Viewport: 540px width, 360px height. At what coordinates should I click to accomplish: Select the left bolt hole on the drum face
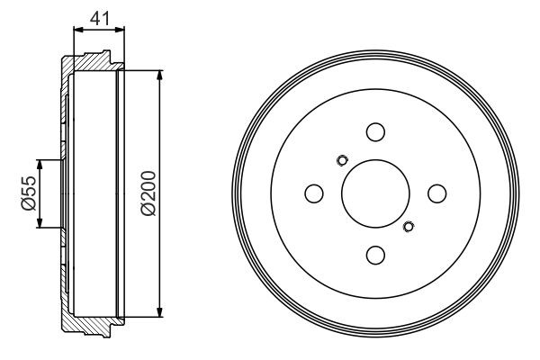click(314, 193)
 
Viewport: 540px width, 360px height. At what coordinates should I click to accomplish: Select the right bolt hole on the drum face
click(436, 193)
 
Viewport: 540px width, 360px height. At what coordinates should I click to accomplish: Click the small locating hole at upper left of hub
click(341, 161)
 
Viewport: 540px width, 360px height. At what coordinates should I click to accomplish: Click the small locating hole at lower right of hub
click(409, 226)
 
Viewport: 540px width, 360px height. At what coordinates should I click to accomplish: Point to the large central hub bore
click(375, 193)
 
